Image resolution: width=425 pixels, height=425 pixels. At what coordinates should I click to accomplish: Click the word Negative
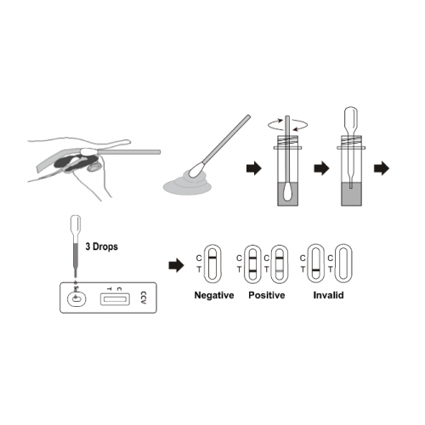(214, 295)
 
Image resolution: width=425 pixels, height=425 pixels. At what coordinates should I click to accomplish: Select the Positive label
(267, 295)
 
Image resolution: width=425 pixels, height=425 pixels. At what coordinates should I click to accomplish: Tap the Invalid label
(328, 295)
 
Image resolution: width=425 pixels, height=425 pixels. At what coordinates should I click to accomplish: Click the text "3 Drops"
(101, 246)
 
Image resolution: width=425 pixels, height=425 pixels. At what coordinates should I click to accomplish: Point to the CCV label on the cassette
(144, 297)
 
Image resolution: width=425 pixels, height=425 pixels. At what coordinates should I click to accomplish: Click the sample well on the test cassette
(76, 299)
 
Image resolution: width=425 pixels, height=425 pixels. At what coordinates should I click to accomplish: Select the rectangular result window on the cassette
(115, 299)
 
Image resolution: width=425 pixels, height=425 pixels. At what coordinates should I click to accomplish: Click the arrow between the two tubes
(321, 168)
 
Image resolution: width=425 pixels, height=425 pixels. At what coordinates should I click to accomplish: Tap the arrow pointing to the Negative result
(176, 265)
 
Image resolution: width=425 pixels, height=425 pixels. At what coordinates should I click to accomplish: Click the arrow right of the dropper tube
(382, 168)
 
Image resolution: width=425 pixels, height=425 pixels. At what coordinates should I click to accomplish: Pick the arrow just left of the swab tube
(254, 168)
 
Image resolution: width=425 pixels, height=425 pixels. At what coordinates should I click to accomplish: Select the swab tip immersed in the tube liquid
(287, 191)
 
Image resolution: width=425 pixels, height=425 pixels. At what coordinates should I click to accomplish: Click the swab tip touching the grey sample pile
(196, 169)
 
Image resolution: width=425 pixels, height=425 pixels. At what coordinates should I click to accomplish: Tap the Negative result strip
(212, 263)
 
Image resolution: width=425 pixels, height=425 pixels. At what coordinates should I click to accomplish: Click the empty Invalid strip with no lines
(343, 263)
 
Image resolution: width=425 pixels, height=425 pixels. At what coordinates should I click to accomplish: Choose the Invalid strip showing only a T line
(316, 263)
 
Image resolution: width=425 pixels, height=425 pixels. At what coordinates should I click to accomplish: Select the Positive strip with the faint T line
(280, 263)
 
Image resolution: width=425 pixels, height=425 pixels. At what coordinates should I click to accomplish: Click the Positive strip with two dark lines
(252, 263)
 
